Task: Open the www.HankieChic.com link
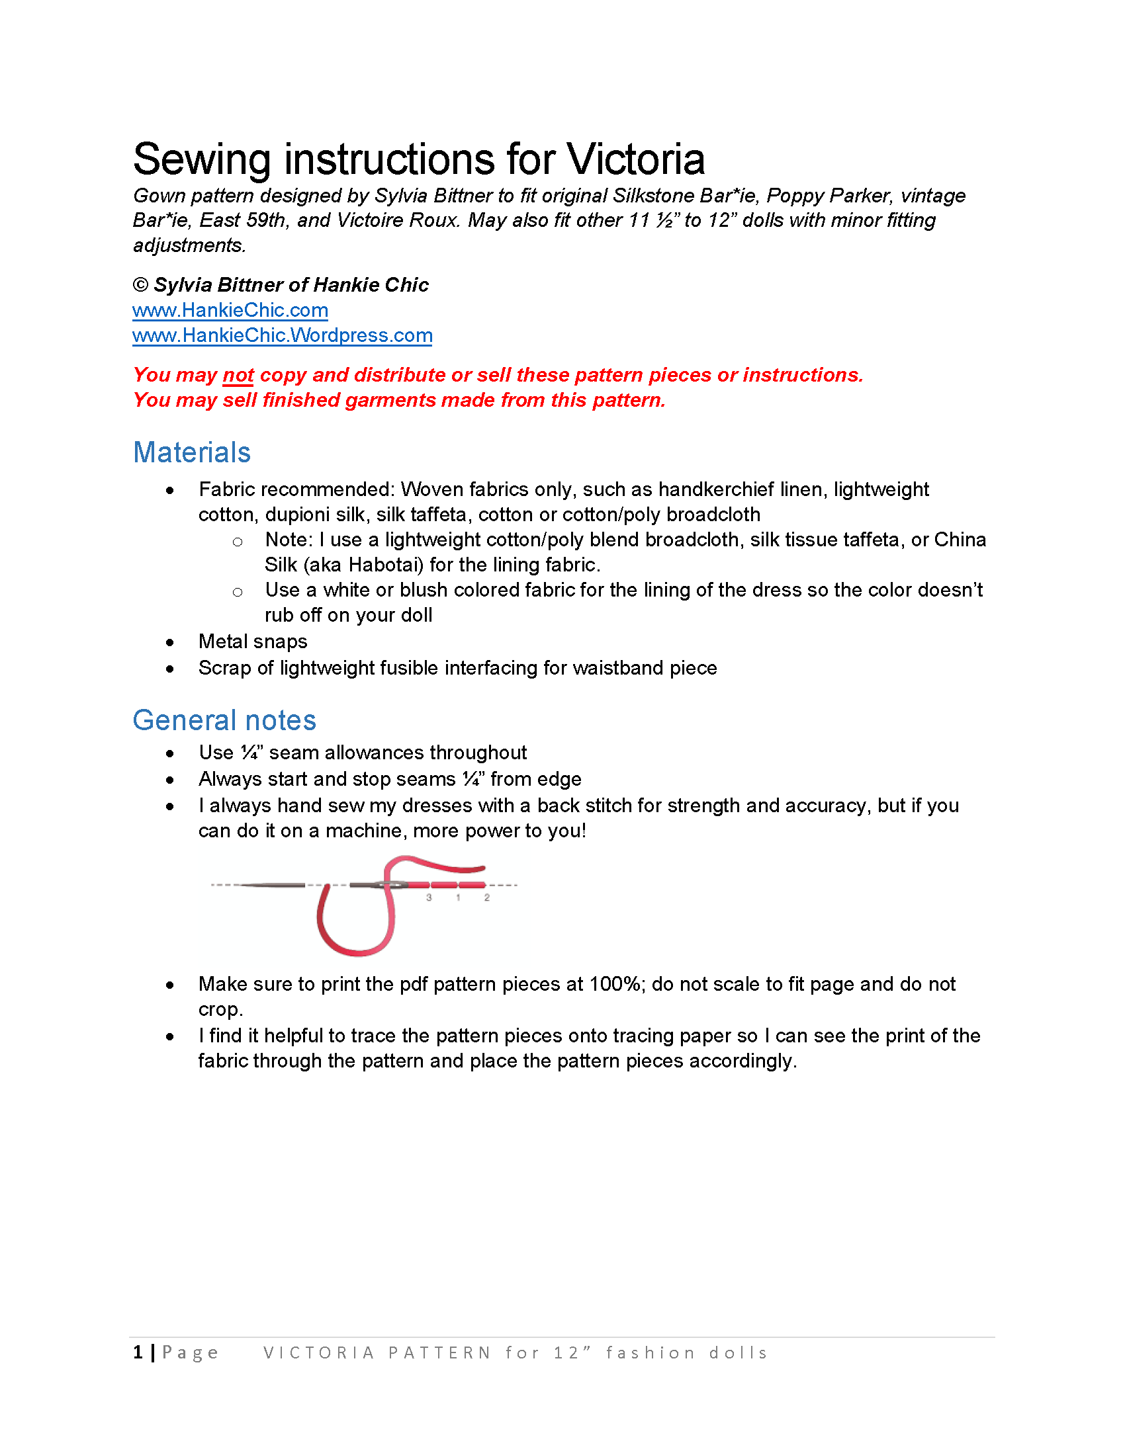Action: point(230,310)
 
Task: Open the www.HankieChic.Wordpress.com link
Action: point(282,336)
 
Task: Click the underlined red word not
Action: point(238,376)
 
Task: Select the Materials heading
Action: point(192,453)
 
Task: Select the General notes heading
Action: point(224,721)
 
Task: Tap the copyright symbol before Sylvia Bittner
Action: point(140,285)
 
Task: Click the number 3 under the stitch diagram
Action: point(429,898)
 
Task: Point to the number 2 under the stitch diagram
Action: point(487,898)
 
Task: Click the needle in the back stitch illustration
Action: point(273,886)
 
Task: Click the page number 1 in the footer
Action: point(138,1352)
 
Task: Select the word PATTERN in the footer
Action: point(440,1353)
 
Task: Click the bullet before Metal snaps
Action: point(170,643)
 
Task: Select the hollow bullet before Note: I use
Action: point(238,542)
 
